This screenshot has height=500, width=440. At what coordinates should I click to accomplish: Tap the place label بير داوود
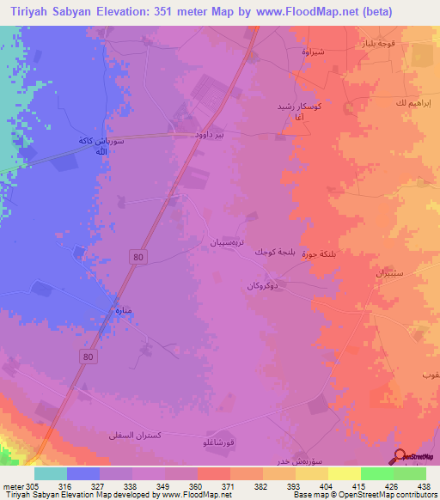pyautogui.click(x=211, y=135)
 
